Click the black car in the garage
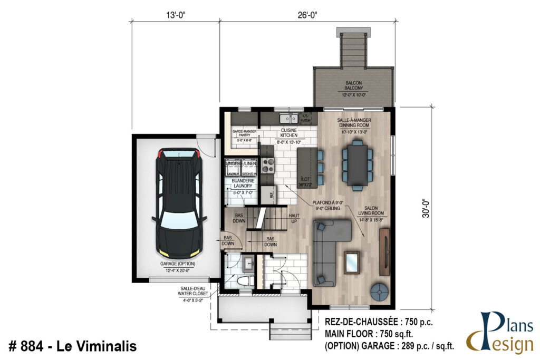click(x=177, y=203)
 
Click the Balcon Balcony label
click(x=353, y=86)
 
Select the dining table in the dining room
click(x=357, y=165)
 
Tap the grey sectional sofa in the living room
click(x=330, y=248)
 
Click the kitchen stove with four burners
click(x=268, y=166)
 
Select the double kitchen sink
click(x=287, y=118)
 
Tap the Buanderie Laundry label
click(x=242, y=183)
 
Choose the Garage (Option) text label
click(x=177, y=265)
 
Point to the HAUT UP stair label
click(x=294, y=219)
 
